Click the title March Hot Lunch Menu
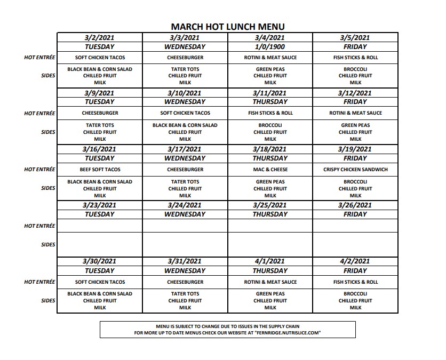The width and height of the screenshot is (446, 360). point(227,26)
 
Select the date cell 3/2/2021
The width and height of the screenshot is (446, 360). point(100,38)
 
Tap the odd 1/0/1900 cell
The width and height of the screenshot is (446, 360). point(270,47)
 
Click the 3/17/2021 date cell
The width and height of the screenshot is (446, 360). point(185,149)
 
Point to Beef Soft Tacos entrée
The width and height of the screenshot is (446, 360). point(100,170)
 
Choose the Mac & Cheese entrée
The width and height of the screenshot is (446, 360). point(270,170)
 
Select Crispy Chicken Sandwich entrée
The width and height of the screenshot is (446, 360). point(355,170)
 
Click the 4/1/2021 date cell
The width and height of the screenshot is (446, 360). point(270,261)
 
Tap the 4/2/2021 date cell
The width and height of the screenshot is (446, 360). point(355,261)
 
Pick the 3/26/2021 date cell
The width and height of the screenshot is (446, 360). point(355,205)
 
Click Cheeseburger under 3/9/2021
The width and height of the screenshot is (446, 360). point(100,113)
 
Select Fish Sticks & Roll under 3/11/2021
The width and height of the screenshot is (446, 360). point(270,113)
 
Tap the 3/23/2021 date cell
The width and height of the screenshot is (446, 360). point(100,205)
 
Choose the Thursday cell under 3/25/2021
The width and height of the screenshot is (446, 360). point(270,214)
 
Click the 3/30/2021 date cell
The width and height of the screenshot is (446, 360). point(100,261)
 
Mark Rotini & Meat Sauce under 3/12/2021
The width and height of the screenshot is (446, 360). point(355,113)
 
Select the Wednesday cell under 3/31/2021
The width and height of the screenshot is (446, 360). point(185,270)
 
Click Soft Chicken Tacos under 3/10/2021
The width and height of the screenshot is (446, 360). point(185,113)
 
